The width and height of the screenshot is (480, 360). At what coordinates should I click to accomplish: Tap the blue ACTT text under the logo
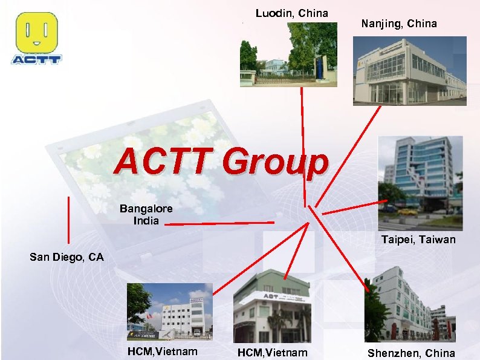(x=36, y=59)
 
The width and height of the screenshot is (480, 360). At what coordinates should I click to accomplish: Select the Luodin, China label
(x=291, y=13)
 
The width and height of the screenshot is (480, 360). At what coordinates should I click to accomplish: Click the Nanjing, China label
(x=399, y=24)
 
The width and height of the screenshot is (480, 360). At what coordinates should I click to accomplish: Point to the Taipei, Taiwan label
(x=418, y=240)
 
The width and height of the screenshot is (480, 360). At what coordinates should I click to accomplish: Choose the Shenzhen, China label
(x=411, y=353)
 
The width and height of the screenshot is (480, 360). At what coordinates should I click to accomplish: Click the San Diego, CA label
(x=66, y=257)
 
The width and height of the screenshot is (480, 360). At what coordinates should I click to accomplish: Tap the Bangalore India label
(x=146, y=215)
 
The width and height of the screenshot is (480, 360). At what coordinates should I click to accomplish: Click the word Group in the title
(x=274, y=163)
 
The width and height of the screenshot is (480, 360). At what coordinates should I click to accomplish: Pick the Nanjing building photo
(x=409, y=71)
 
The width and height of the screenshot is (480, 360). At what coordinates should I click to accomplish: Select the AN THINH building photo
(x=169, y=312)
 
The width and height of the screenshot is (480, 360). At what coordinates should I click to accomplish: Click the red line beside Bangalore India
(x=219, y=223)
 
